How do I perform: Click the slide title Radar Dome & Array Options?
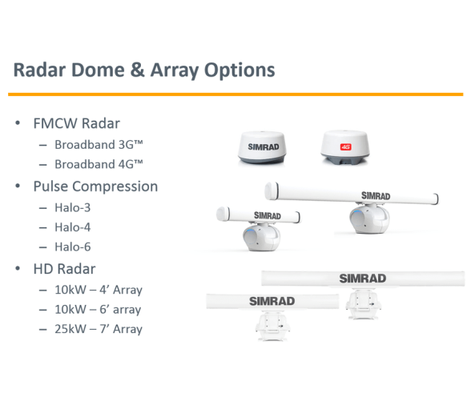coord(144,70)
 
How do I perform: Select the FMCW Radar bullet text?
coord(77,123)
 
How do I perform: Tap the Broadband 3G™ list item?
coord(99,144)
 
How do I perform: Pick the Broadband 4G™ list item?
coord(99,164)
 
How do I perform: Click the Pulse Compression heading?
coord(95,186)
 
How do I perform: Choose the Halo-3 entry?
coord(72,207)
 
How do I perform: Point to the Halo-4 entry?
coord(72,227)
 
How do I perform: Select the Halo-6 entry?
coord(72,247)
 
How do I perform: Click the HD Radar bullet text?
coord(64,269)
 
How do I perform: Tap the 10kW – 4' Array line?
coord(99,290)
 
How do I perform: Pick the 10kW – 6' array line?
coord(98,310)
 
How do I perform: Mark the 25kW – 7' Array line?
coord(99,329)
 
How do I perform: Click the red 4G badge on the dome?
coord(345,146)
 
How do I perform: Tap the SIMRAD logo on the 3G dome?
coord(263,146)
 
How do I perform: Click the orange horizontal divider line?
coord(235,94)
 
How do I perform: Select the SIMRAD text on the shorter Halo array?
coord(268,215)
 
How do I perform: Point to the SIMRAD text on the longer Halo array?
coord(376,196)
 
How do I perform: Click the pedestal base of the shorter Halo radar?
coord(261,238)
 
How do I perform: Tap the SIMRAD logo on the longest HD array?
coord(363,279)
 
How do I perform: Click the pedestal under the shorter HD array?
coord(272,326)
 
